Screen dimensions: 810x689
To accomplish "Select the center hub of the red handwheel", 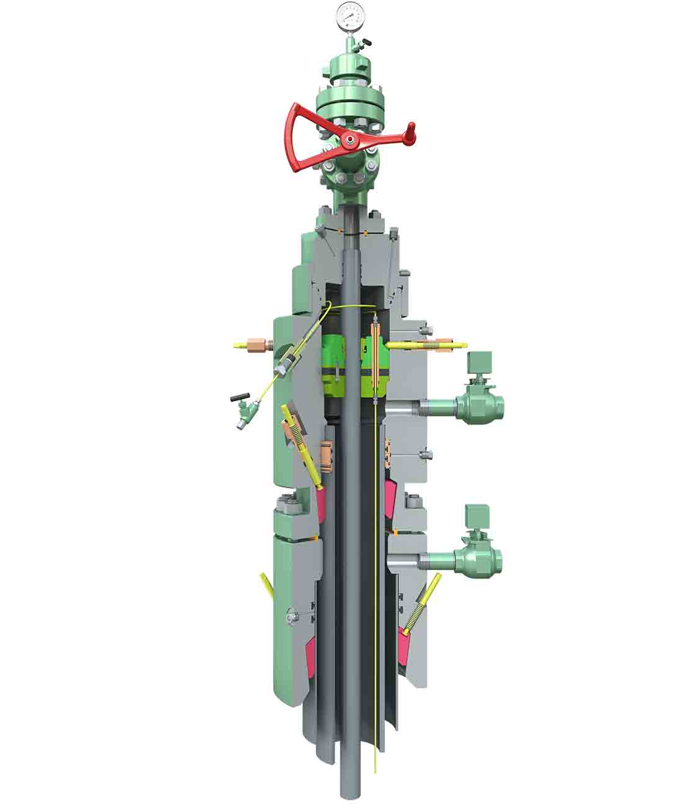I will (x=348, y=142).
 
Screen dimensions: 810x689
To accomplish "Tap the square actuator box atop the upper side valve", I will (x=479, y=364).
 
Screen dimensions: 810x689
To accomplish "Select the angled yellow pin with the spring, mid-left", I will (x=300, y=443).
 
